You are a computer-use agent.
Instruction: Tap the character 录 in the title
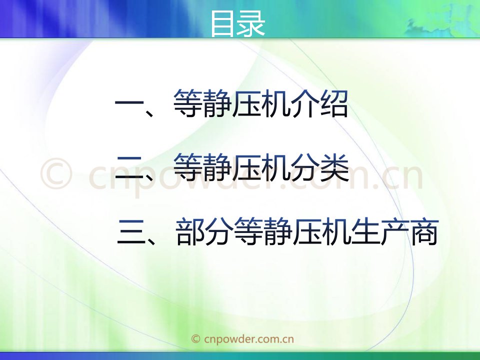[x=250, y=23]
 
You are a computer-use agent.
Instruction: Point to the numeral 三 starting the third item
[x=131, y=232]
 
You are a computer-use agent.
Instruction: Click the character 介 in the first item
[x=305, y=104]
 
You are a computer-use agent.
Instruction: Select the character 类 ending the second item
[x=335, y=168]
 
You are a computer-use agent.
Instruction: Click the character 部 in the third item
[x=190, y=231]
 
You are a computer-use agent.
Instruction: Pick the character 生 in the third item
[x=365, y=231]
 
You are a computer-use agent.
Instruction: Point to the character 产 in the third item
[x=395, y=231]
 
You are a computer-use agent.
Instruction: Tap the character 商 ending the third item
[x=424, y=231]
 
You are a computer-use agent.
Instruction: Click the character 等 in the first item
[x=187, y=104]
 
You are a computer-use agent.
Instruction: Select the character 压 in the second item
[x=246, y=168]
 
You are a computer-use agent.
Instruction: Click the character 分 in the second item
[x=305, y=168]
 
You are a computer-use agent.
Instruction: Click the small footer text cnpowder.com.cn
[x=248, y=339]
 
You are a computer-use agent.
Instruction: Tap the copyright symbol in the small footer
[x=195, y=339]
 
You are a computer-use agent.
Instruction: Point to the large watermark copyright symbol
[x=56, y=173]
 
